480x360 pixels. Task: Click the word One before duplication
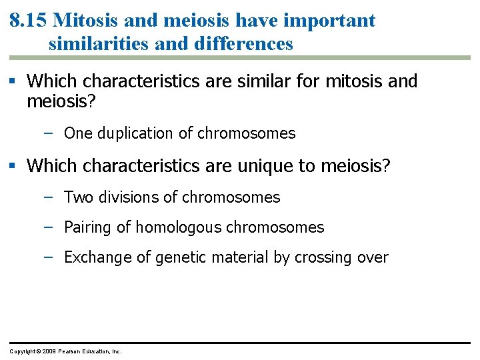79,133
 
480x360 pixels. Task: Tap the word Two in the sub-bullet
78,197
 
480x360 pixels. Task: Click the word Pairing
88,227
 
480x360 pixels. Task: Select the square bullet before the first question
15,82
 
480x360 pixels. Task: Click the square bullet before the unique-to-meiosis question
15,166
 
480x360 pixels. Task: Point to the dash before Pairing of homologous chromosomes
49,227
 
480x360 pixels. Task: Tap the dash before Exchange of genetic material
49,257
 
